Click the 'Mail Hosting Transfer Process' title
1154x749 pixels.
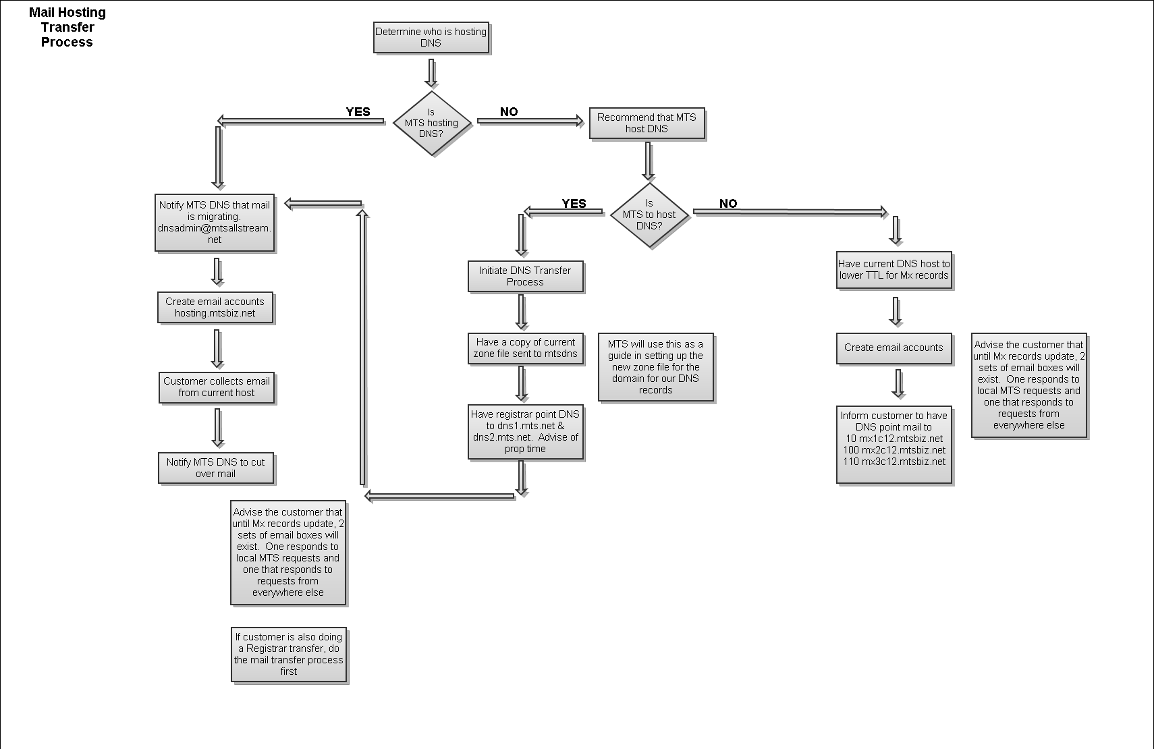(67, 28)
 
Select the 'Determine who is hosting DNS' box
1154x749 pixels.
(431, 38)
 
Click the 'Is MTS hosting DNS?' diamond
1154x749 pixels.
(431, 123)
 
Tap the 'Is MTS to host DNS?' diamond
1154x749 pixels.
(649, 215)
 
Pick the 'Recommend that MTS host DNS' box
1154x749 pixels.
(647, 123)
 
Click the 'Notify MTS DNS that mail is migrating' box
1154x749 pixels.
(215, 223)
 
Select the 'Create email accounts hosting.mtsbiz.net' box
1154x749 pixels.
(215, 308)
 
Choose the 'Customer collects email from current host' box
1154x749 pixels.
(217, 387)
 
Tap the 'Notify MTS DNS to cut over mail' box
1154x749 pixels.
(216, 468)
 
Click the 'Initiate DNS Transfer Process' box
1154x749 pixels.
(525, 277)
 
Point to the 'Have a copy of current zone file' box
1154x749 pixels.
(525, 348)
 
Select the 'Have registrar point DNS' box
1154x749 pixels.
(525, 432)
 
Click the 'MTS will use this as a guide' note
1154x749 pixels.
(655, 367)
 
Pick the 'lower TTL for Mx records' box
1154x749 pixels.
(894, 270)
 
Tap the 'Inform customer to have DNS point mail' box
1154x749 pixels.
(894, 444)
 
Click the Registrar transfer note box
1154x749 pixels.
(289, 655)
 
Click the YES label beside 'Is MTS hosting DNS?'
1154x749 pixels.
(358, 112)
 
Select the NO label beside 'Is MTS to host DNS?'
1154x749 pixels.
(728, 204)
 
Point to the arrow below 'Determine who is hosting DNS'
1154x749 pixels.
(431, 73)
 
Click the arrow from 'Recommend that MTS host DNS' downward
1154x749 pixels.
(648, 161)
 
